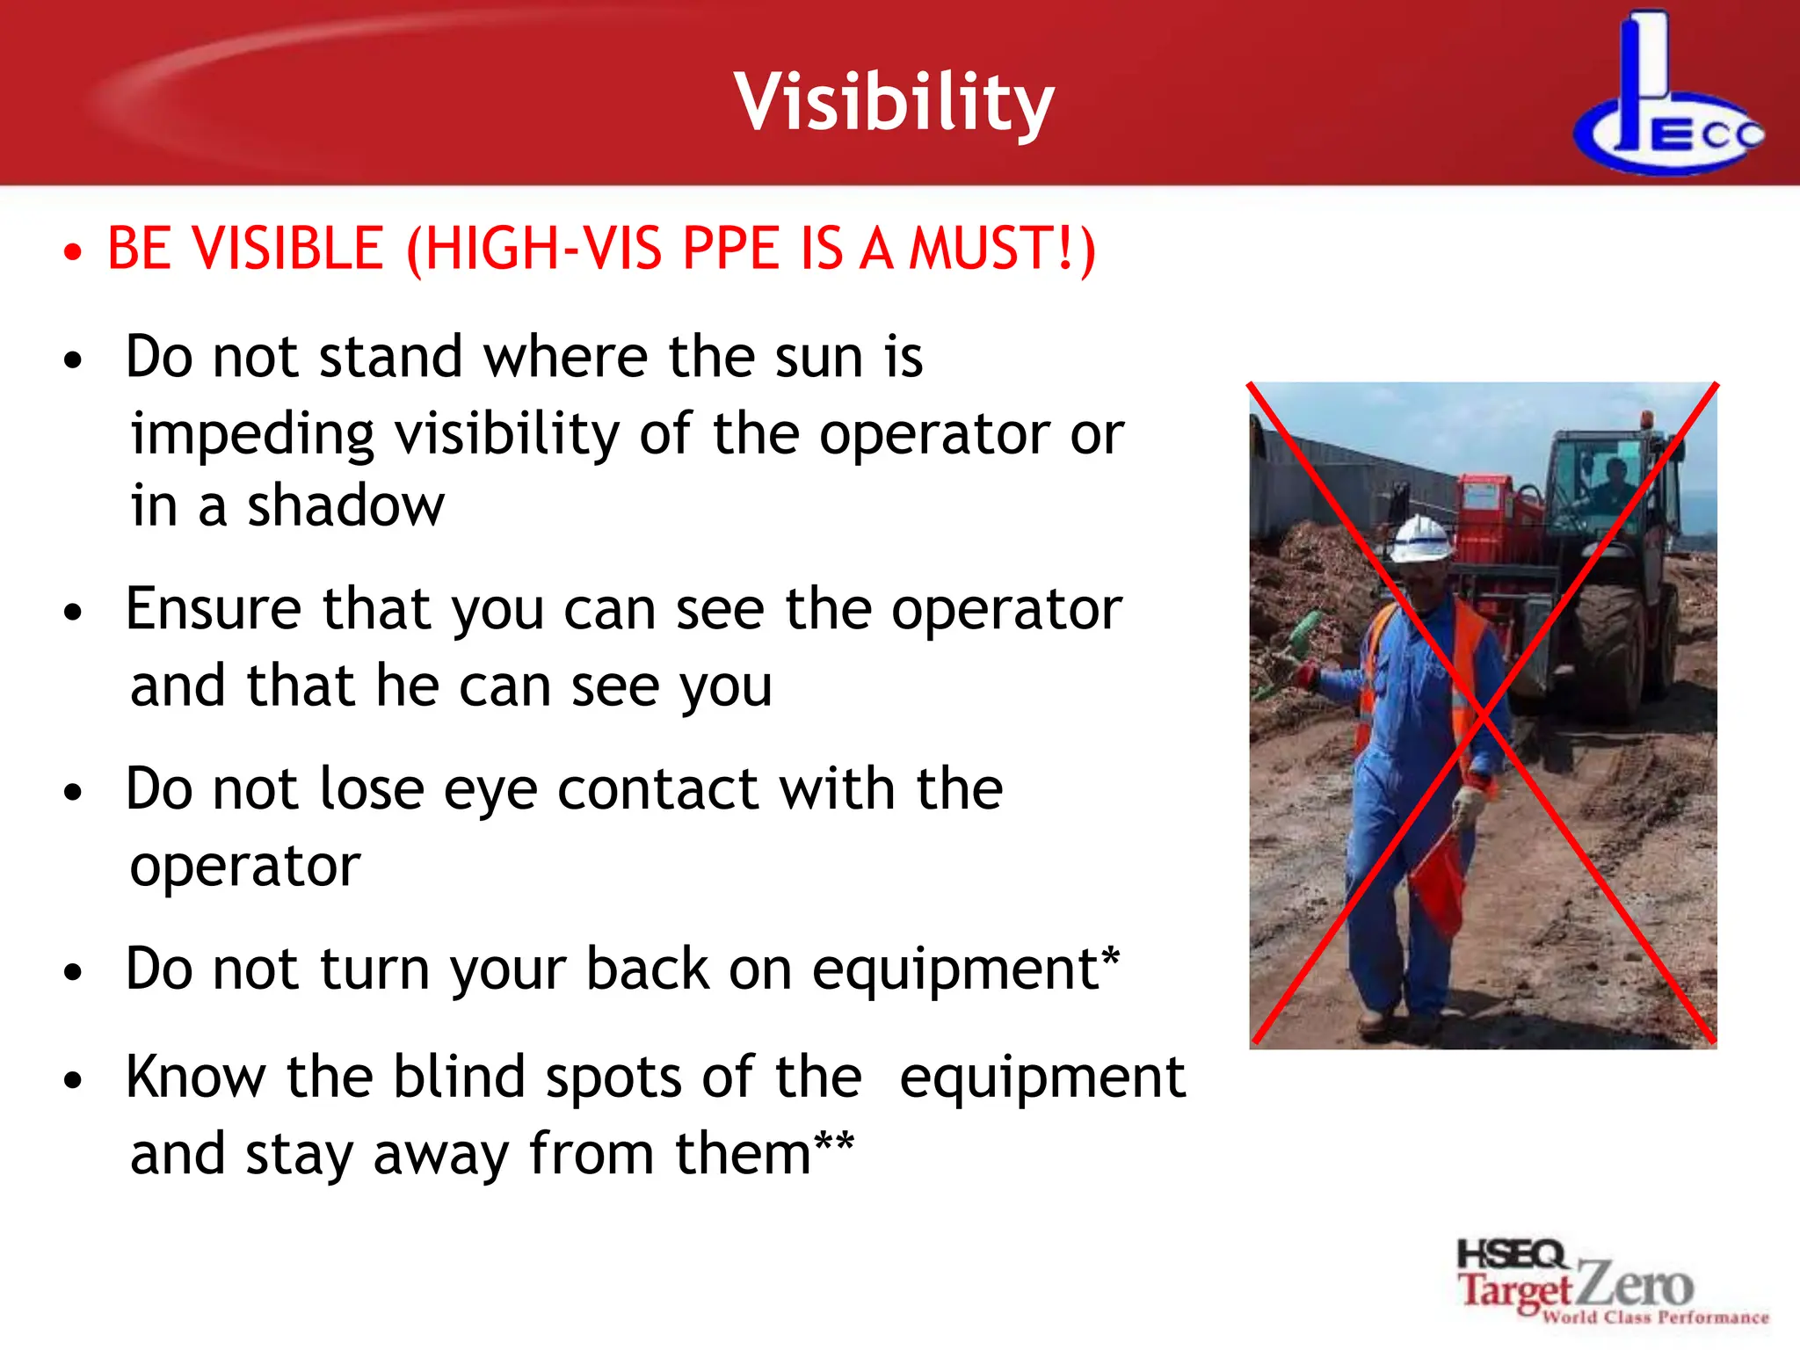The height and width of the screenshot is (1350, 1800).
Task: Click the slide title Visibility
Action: coord(894,104)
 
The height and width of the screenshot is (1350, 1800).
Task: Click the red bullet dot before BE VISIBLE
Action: coord(74,253)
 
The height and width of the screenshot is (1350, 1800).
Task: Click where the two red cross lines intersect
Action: coord(1483,715)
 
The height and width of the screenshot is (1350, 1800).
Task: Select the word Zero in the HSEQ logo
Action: coord(1634,1285)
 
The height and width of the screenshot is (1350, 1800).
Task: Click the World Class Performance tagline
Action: coord(1655,1317)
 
